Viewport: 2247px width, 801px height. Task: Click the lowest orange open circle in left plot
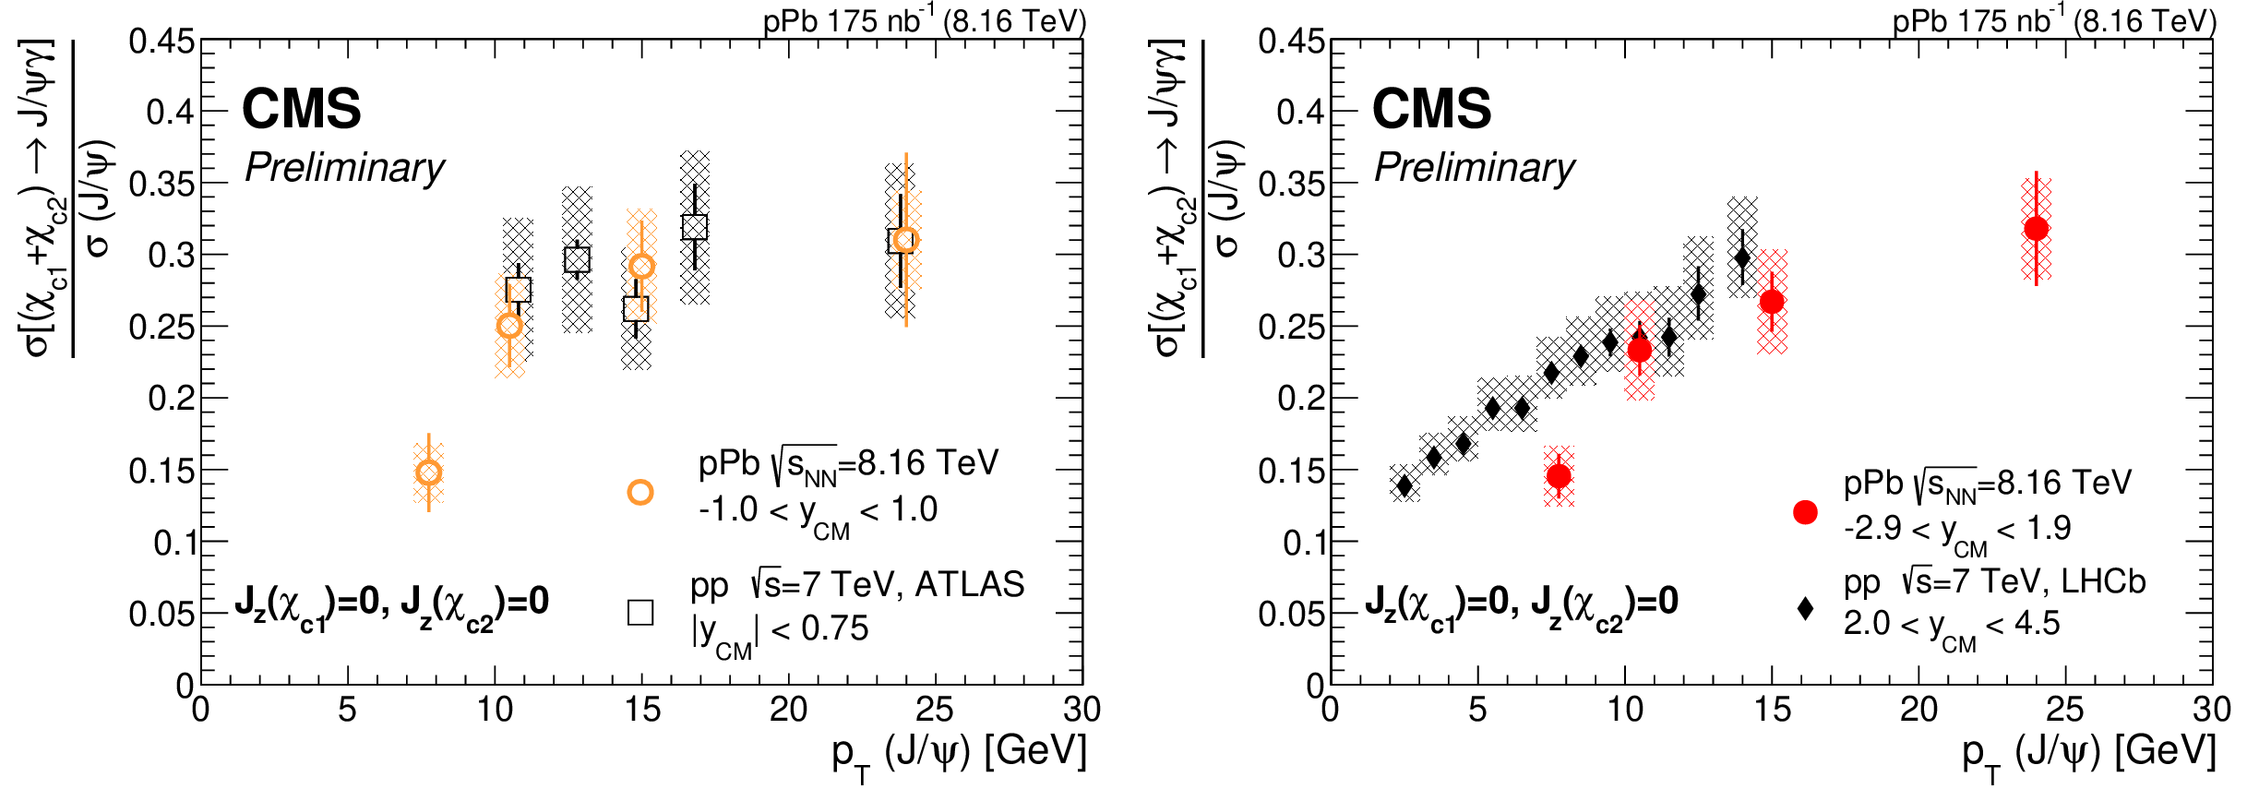tap(428, 472)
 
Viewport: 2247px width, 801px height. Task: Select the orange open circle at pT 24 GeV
tap(906, 240)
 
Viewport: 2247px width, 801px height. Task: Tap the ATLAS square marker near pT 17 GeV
tap(695, 227)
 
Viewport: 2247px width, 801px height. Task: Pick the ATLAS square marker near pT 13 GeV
tap(577, 260)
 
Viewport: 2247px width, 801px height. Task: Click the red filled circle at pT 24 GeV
tap(2036, 228)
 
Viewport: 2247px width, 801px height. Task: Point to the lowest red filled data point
tap(1559, 476)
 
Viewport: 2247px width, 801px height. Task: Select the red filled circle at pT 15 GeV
tap(1772, 302)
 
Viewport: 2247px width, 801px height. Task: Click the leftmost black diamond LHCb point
tap(1404, 485)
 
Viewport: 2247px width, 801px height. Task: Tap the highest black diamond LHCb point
tap(1742, 257)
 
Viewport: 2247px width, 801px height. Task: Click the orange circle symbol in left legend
tap(640, 492)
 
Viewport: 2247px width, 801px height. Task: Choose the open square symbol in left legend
tap(640, 612)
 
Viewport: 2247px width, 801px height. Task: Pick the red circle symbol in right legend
tap(1805, 512)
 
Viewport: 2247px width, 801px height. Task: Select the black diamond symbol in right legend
tap(1805, 608)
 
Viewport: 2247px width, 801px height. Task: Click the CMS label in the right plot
tap(1431, 109)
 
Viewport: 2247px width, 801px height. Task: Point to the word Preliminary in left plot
tap(344, 168)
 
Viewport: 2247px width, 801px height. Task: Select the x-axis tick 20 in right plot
tap(1918, 710)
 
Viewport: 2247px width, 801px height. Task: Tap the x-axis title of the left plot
tap(959, 752)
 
